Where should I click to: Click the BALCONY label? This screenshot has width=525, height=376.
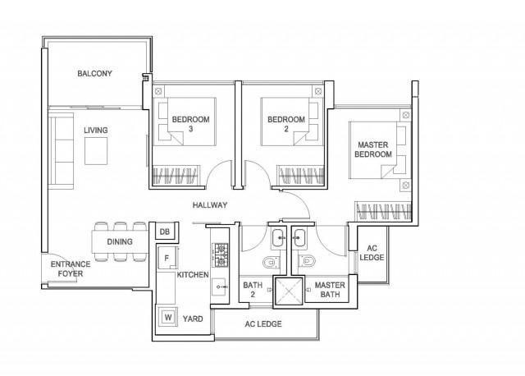95,74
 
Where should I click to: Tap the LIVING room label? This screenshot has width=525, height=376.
95,131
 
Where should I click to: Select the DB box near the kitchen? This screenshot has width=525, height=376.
164,232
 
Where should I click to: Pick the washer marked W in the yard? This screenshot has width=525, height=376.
167,317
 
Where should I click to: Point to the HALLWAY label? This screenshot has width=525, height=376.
210,205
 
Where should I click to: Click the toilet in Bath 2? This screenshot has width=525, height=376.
269,263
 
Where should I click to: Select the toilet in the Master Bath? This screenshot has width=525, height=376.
308,263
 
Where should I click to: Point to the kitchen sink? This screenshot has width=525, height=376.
219,288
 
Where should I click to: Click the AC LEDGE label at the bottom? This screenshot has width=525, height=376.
263,324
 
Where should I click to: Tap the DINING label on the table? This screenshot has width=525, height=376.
121,242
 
